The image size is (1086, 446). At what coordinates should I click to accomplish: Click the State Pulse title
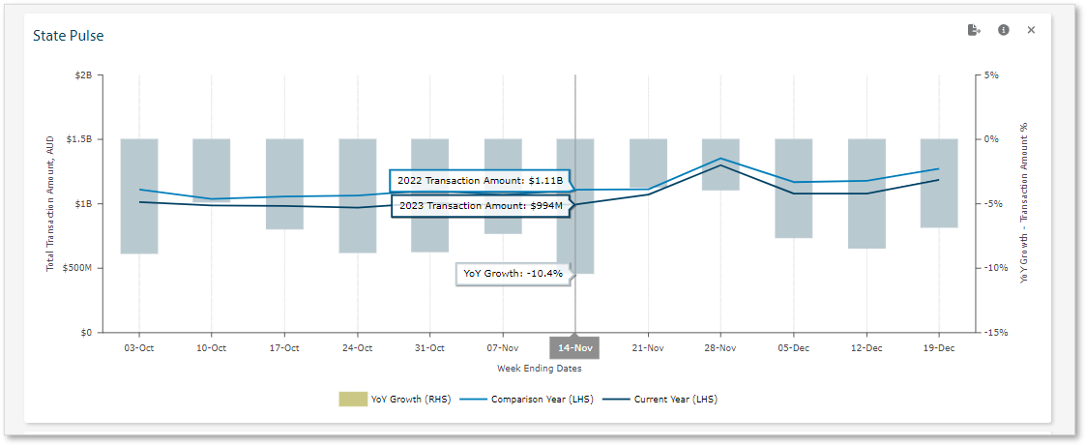point(69,36)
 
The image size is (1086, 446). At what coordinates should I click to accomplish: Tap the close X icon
point(1031,30)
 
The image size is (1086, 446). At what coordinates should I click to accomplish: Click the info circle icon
point(1004,30)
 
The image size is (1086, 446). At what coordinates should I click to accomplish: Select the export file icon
point(974,30)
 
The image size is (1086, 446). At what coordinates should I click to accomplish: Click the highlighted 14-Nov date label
point(574,347)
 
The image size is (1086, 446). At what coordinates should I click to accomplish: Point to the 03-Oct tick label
point(139,347)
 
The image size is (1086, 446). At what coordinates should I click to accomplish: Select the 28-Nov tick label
point(720,347)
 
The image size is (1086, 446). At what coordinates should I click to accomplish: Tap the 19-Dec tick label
point(939,347)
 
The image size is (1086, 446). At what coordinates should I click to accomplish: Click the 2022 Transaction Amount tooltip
point(480,181)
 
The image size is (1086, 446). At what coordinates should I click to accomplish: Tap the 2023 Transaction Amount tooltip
point(480,206)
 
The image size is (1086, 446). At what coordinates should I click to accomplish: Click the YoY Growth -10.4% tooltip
point(513,274)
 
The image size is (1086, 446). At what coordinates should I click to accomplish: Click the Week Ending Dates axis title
point(539,369)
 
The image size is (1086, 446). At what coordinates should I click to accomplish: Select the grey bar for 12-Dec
point(866,193)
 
